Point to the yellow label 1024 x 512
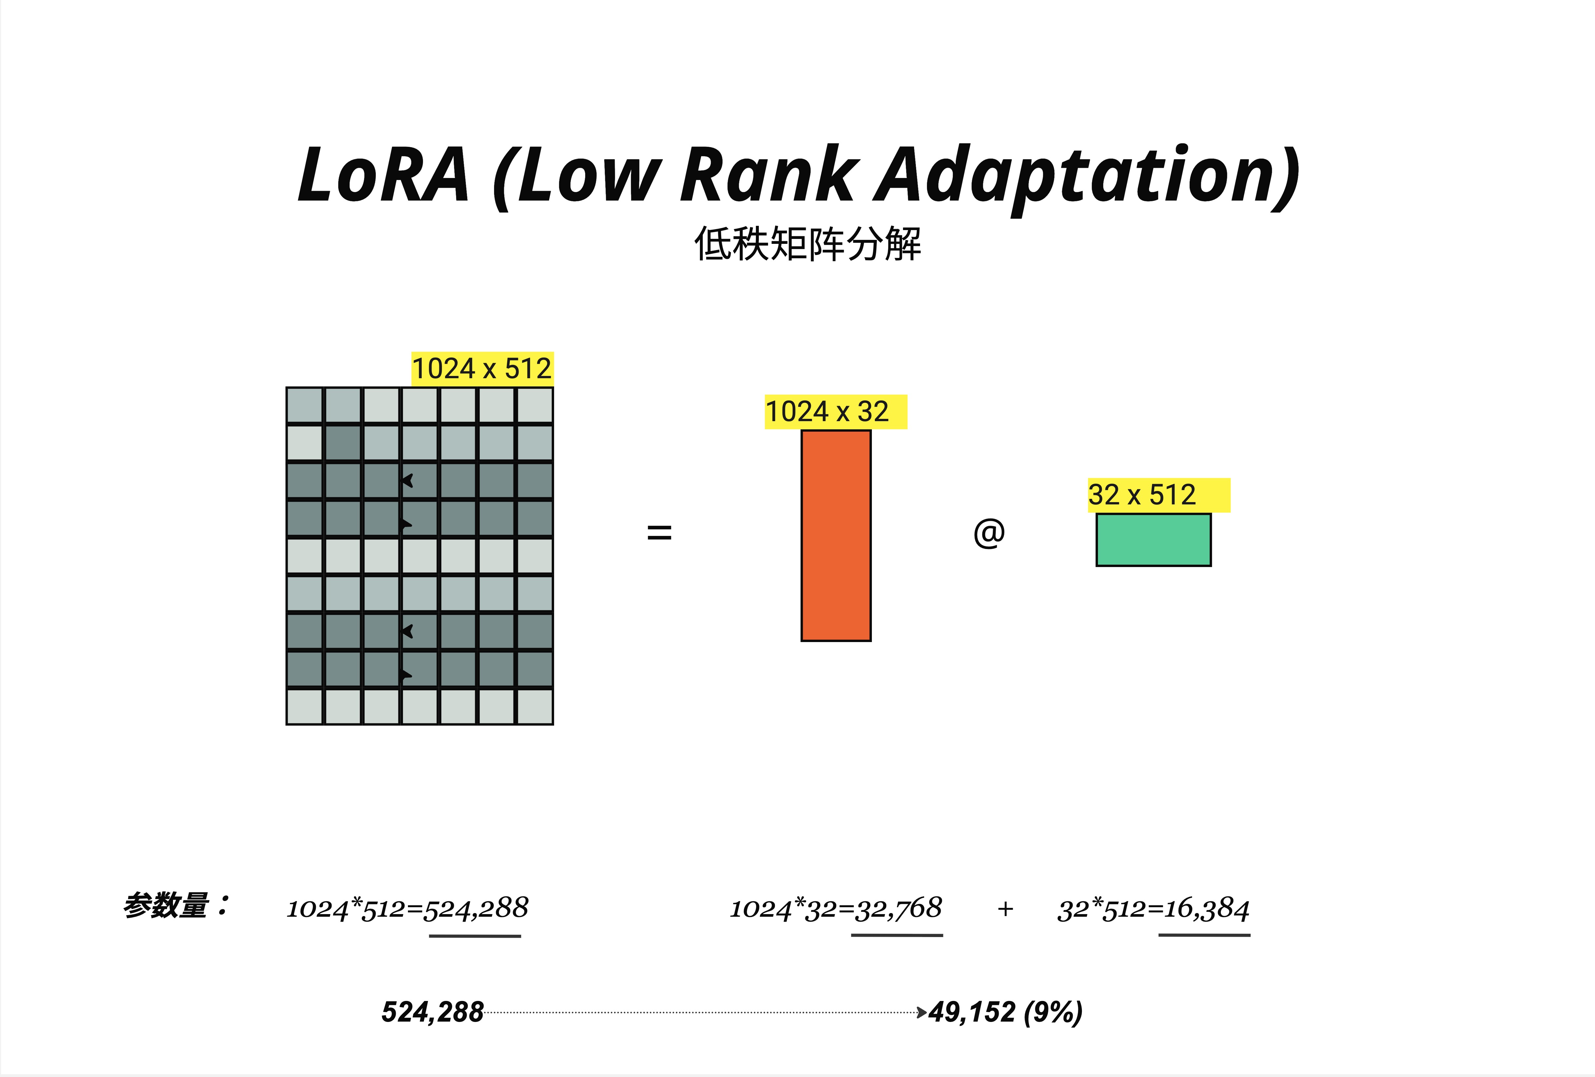point(482,369)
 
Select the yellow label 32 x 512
point(1143,495)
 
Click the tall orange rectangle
point(836,536)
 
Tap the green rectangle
point(1153,539)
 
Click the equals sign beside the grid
point(659,532)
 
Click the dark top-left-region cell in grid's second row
point(342,443)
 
